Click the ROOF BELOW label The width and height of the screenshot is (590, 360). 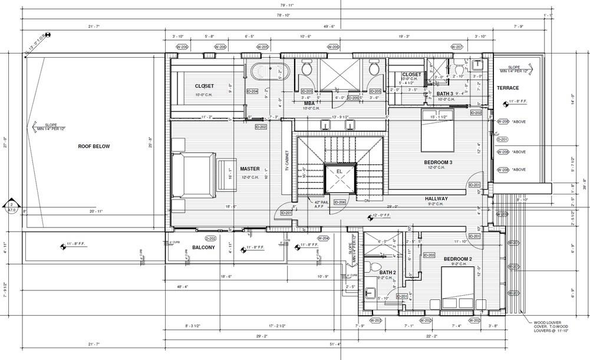pyautogui.click(x=94, y=146)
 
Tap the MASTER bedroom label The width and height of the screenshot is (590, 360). pyautogui.click(x=249, y=169)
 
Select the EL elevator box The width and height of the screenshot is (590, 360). pyautogui.click(x=340, y=177)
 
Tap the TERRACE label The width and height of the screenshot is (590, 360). pyautogui.click(x=507, y=88)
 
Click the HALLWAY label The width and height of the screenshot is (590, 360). pyautogui.click(x=437, y=199)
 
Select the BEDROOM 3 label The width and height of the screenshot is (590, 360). pyautogui.click(x=438, y=162)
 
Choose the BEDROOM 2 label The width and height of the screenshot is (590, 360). pyautogui.click(x=458, y=259)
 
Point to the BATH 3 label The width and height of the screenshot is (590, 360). pyautogui.click(x=445, y=94)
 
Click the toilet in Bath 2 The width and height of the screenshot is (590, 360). pyautogui.click(x=373, y=267)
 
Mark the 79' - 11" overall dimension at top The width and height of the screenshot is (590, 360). pyautogui.click(x=286, y=5)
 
